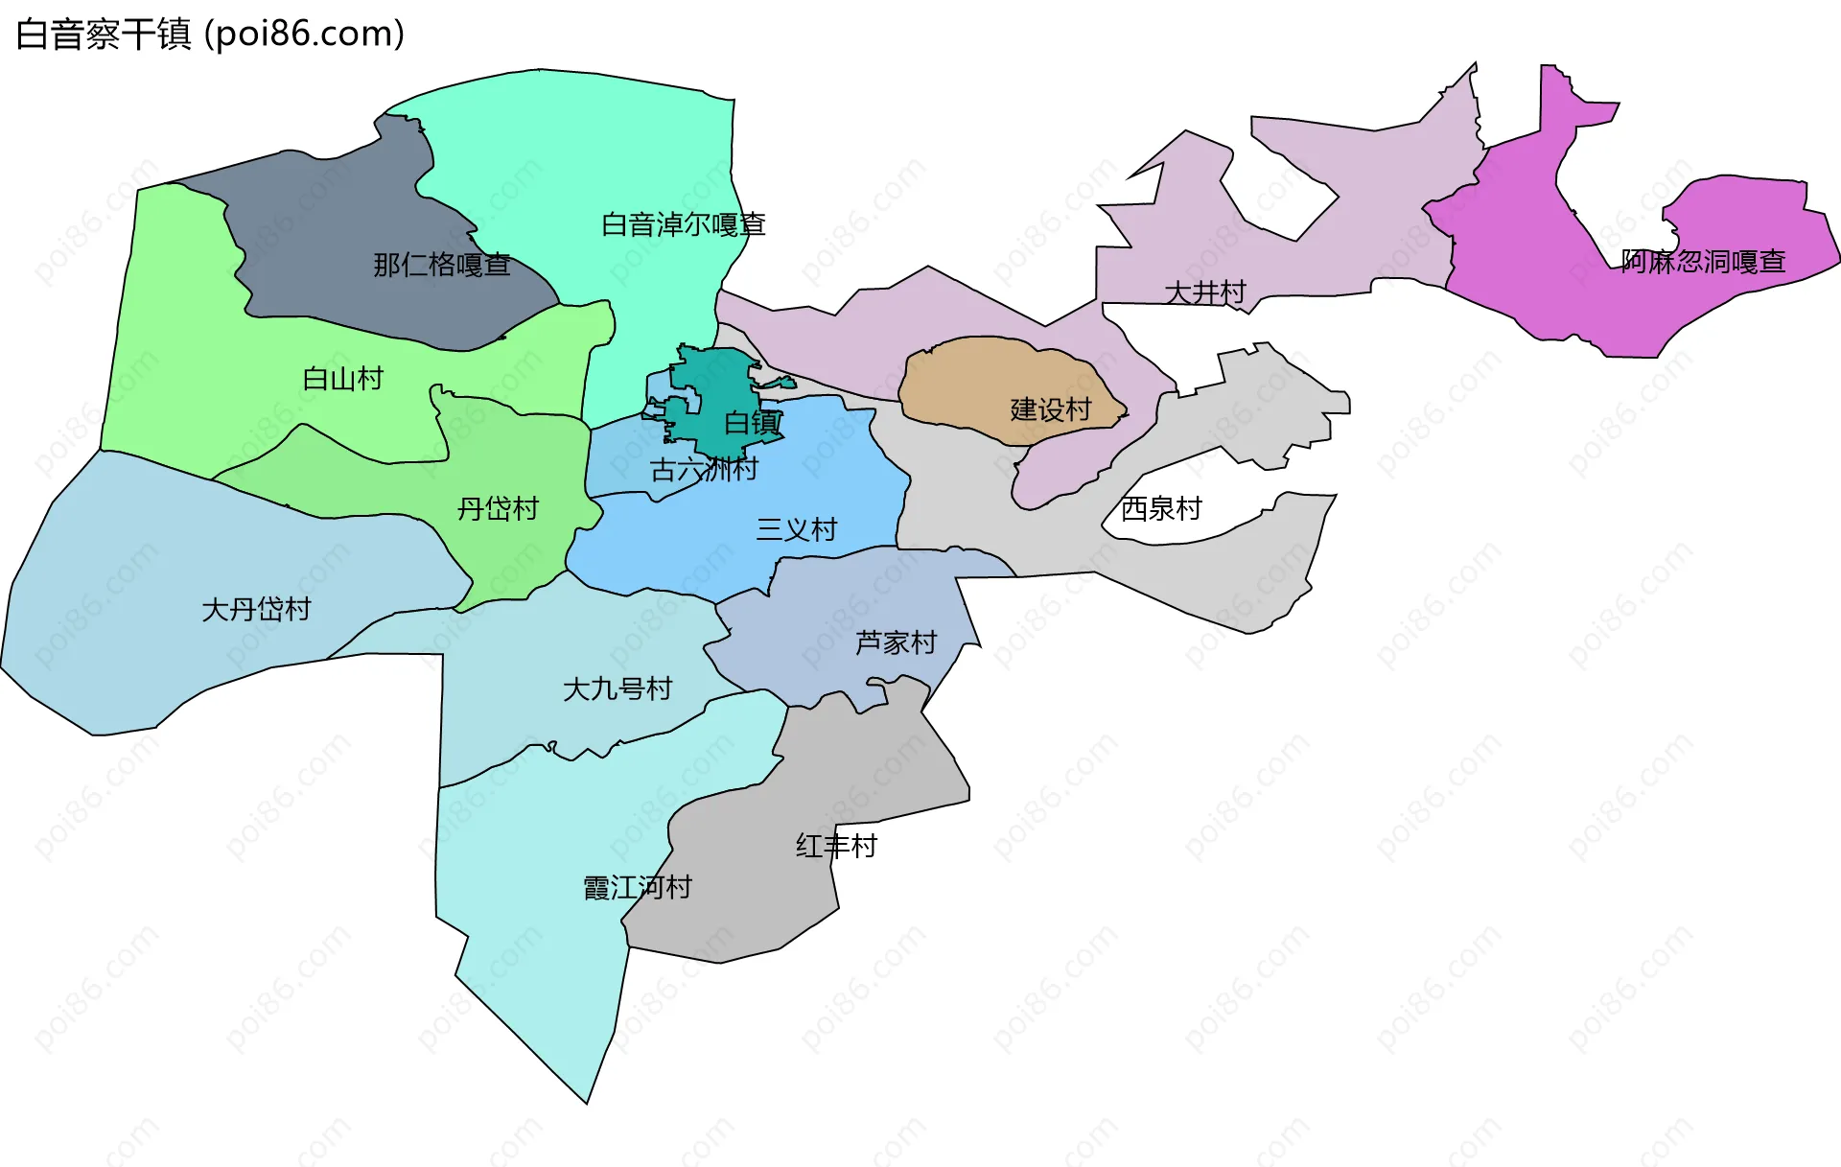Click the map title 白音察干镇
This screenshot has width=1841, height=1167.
pos(104,35)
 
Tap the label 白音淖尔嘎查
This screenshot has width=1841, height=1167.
pos(683,224)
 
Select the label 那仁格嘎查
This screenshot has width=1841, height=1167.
pos(441,265)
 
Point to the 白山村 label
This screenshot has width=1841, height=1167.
pos(342,379)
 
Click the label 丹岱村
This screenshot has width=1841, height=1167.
pos(498,508)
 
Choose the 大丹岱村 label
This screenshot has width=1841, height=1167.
pos(256,609)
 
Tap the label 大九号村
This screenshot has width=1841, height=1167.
pos(617,689)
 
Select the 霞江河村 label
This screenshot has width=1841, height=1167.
pos(637,887)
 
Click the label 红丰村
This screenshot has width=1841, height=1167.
pos(836,846)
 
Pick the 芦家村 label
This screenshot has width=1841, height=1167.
pos(896,642)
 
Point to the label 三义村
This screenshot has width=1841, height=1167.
pos(796,529)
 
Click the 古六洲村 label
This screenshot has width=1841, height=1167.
pos(704,470)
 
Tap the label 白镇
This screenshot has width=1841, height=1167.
pos(753,423)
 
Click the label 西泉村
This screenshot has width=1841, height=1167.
pos(1160,508)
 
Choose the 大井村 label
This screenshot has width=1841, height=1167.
pos(1204,292)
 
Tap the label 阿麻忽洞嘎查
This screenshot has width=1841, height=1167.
pos(1702,262)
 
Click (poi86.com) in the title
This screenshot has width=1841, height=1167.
pos(304,35)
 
